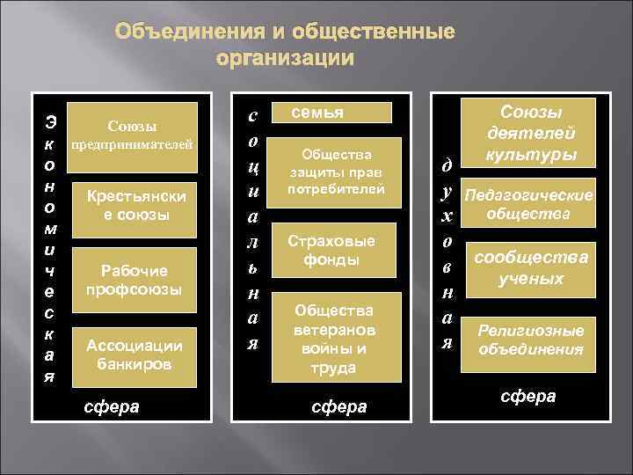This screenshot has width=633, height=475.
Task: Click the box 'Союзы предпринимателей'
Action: tap(132, 135)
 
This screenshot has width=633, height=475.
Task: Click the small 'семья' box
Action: tap(338, 113)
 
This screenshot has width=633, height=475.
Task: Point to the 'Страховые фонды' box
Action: tap(338, 250)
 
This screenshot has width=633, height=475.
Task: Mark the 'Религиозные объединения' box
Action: tap(530, 340)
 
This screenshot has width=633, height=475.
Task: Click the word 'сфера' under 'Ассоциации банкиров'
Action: tap(112, 406)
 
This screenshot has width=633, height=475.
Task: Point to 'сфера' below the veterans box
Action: tap(338, 406)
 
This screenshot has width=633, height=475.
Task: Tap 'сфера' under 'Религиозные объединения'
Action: tap(527, 396)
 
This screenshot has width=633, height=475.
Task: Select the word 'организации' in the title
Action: tap(285, 60)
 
